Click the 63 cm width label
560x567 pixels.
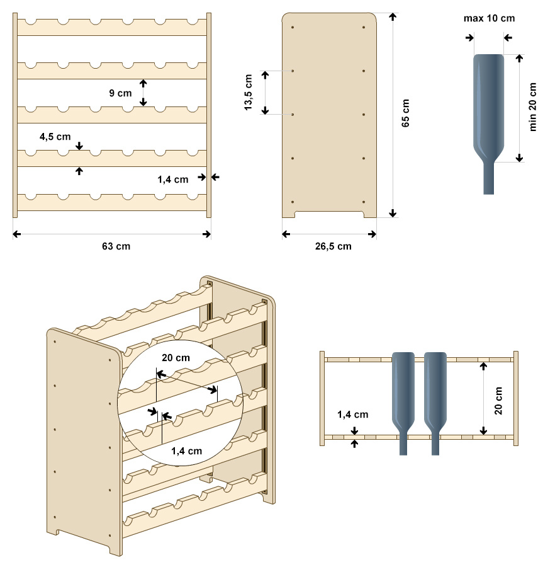point(116,246)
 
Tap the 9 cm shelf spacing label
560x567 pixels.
point(120,93)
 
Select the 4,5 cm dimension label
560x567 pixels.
point(55,136)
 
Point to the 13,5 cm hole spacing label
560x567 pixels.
point(249,93)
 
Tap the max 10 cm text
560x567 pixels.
point(489,18)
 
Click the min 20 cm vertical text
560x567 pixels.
point(534,106)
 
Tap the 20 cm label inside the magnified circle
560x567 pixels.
point(176,358)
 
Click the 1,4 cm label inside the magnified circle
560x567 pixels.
point(186,450)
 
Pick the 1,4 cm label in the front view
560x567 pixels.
point(173,180)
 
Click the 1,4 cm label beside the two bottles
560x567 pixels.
point(353,415)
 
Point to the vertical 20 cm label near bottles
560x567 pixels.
point(498,401)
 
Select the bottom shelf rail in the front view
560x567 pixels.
point(112,203)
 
